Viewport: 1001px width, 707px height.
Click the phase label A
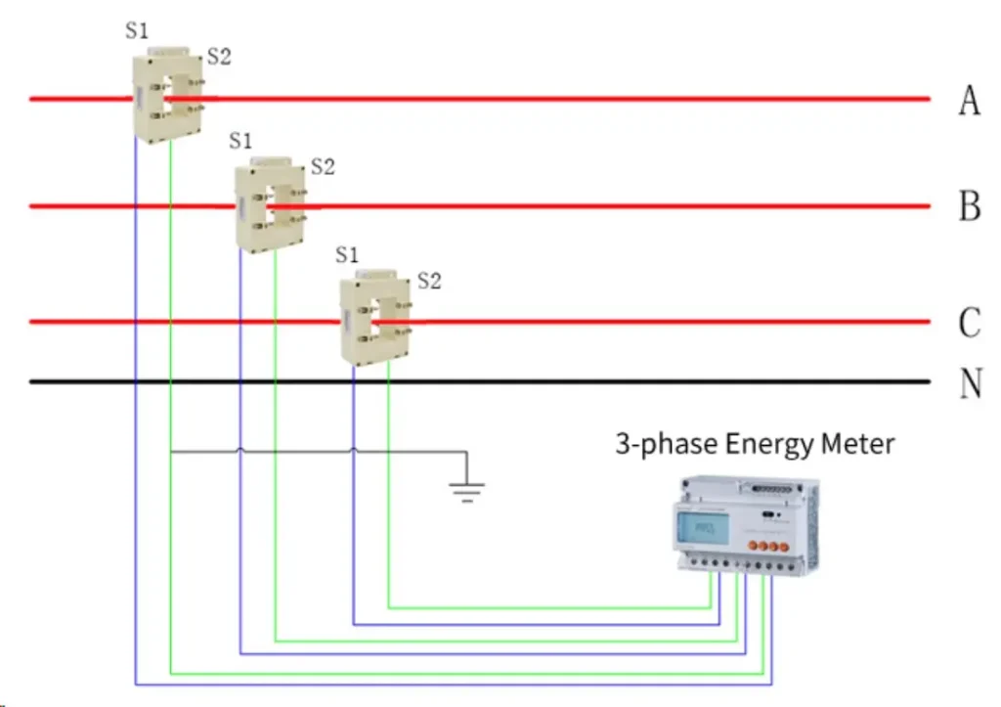tap(969, 100)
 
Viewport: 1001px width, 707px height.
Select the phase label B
tap(969, 207)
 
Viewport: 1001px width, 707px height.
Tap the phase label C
tap(969, 323)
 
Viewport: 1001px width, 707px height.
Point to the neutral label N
tap(970, 382)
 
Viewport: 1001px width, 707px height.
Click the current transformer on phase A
tap(169, 96)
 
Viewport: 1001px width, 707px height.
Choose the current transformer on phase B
tap(271, 206)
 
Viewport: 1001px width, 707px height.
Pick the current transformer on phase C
tap(375, 319)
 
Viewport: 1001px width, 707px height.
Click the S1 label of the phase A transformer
tap(137, 29)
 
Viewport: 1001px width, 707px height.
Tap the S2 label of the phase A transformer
tap(219, 57)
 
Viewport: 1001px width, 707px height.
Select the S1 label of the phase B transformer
tap(240, 140)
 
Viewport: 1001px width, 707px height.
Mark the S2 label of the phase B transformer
tap(323, 167)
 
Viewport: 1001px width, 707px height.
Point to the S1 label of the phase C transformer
tap(347, 255)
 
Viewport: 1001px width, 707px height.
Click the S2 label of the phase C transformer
tap(429, 282)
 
